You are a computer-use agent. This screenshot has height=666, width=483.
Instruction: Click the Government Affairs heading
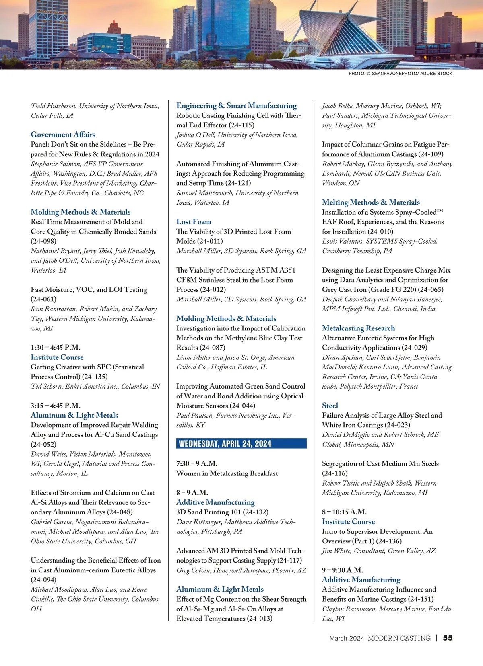tap(63, 135)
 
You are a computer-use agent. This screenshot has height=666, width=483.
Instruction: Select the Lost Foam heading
tap(194, 222)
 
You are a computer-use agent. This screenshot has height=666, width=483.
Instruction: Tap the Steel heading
tap(330, 406)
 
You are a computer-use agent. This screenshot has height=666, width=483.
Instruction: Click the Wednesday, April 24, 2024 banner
tap(241, 444)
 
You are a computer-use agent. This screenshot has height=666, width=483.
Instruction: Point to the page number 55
tap(448, 638)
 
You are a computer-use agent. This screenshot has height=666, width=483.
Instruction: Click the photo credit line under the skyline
tap(400, 74)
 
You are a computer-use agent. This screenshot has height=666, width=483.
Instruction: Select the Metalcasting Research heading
tap(358, 328)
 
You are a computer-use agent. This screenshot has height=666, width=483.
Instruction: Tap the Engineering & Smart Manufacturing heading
tap(237, 106)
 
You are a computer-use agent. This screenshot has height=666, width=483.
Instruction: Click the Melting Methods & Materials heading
tap(371, 203)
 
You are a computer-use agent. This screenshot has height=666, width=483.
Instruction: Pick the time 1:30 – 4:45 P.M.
tap(56, 347)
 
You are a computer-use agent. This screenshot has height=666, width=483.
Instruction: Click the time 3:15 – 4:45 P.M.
tap(56, 406)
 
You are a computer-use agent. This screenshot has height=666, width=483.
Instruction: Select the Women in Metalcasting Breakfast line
tap(227, 473)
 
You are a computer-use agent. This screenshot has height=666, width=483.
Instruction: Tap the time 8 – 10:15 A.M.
tap(344, 512)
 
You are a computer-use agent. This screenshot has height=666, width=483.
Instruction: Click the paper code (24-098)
tap(43, 241)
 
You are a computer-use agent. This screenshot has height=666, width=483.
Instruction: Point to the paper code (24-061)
tap(43, 299)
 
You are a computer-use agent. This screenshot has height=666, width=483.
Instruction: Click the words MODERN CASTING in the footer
tap(399, 638)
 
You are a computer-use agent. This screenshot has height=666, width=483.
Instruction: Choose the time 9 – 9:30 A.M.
tap(343, 570)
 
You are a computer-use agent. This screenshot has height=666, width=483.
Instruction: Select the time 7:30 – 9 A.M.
tap(197, 463)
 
